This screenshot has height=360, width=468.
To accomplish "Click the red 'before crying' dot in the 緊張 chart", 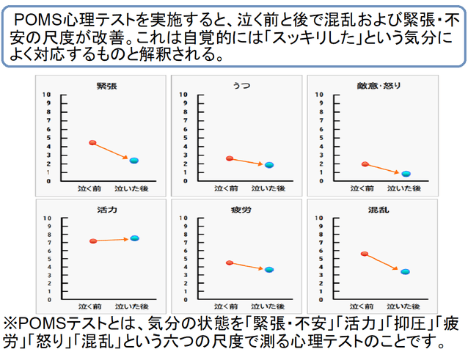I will click(x=92, y=142).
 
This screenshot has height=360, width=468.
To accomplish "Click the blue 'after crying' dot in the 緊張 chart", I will click(x=134, y=161).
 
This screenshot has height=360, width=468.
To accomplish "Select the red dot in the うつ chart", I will click(x=230, y=158).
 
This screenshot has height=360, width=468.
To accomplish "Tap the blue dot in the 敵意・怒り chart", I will click(x=406, y=174).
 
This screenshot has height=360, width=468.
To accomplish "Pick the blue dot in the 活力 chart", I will click(x=134, y=238).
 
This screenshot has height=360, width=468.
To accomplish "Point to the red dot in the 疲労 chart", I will click(x=230, y=262).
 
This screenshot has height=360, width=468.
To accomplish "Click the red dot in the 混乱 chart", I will click(x=365, y=254).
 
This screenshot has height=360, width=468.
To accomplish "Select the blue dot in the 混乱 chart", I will click(x=406, y=272).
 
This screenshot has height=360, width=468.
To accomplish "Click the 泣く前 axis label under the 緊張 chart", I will click(x=89, y=188).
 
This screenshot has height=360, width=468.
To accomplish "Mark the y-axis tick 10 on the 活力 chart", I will click(x=48, y=218).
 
